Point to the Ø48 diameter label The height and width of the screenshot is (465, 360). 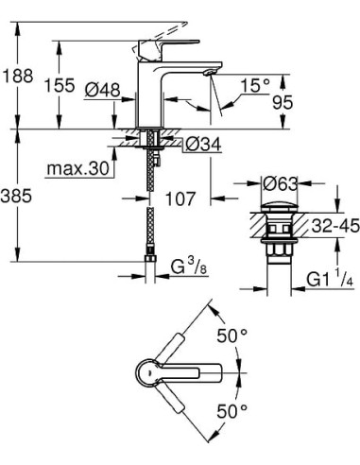pos(100,90)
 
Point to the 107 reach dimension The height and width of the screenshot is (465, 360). pos(179,199)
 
